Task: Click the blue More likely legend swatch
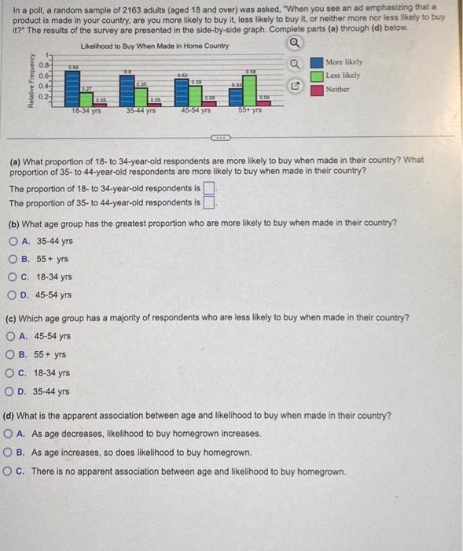pyautogui.click(x=316, y=62)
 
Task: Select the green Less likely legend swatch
pyautogui.click(x=316, y=76)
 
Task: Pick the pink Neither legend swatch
pyautogui.click(x=316, y=89)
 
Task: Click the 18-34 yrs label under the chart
pyautogui.click(x=86, y=113)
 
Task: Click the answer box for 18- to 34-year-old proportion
pyautogui.click(x=209, y=188)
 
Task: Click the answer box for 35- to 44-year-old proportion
pyautogui.click(x=209, y=202)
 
